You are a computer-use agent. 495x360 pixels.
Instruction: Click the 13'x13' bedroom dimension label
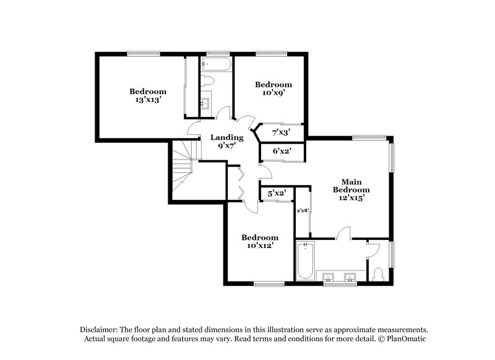(147, 100)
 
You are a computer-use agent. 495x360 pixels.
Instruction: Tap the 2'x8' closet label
(303, 211)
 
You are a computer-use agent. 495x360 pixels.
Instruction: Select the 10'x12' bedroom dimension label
(259, 246)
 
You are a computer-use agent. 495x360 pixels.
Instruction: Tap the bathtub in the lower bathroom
(306, 262)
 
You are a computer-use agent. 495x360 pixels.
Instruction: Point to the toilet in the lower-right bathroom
(379, 273)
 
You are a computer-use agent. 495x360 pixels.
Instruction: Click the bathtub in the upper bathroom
(215, 64)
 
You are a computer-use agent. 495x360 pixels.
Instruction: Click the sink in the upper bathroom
(206, 103)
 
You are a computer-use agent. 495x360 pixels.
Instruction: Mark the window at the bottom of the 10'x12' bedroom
(269, 284)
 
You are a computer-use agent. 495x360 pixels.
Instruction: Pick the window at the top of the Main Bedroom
(369, 137)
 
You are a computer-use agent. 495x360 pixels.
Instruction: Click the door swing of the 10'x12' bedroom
(250, 207)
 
